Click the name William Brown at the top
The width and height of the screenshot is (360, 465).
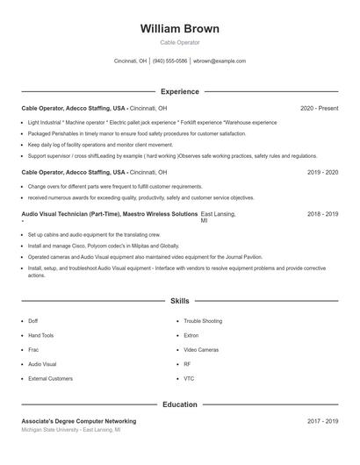click(180, 29)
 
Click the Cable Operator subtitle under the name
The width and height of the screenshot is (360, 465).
click(180, 42)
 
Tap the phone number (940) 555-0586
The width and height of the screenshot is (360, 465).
click(169, 61)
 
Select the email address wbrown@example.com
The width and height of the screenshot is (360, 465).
click(220, 61)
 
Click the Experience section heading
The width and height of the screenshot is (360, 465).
click(180, 91)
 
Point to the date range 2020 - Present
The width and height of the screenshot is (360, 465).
click(319, 108)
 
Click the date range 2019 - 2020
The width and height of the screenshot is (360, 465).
click(322, 173)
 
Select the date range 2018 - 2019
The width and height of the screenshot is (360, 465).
click(322, 214)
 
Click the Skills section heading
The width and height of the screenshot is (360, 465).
click(180, 301)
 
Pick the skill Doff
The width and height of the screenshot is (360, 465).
click(33, 321)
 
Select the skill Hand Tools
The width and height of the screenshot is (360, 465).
click(40, 335)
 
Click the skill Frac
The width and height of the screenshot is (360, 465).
click(34, 349)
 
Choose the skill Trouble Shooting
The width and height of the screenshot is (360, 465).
click(203, 321)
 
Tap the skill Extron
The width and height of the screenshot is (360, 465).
click(191, 335)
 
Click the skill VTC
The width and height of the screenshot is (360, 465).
click(189, 378)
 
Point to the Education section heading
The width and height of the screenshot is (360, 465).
click(180, 404)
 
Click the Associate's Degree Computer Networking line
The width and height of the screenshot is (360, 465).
click(79, 421)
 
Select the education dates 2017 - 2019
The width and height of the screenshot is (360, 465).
click(322, 421)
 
